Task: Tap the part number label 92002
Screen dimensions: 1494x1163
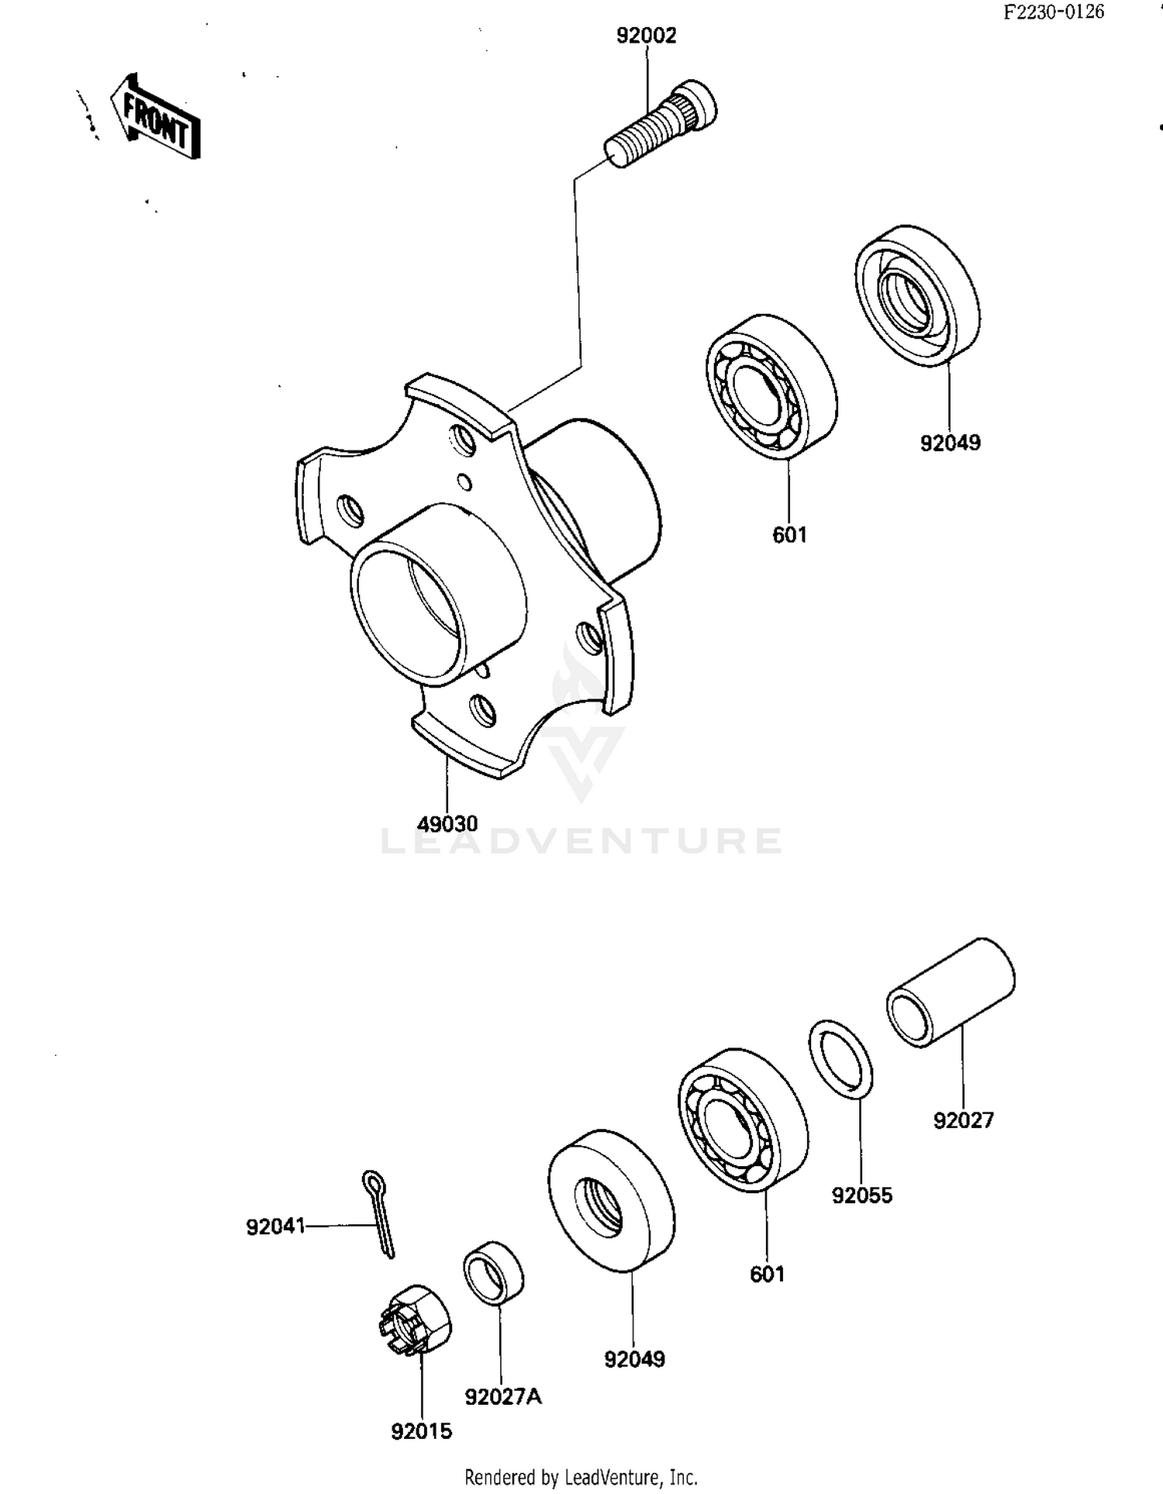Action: coord(646,36)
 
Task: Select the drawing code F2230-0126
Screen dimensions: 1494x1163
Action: coord(1053,12)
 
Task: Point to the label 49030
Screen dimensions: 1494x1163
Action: coord(447,823)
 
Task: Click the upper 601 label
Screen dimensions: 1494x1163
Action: coord(789,535)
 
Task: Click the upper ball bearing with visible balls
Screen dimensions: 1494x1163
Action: coord(771,387)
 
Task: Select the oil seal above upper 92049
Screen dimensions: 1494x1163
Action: coord(918,296)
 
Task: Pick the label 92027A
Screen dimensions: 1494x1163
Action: coord(503,1396)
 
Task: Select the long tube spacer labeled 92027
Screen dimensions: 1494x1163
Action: coord(951,993)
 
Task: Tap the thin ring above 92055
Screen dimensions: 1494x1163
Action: coord(841,1059)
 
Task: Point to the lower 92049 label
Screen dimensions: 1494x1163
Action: coord(634,1358)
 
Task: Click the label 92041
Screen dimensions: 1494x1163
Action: coord(275,1227)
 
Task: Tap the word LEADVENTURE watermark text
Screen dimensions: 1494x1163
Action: coord(581,841)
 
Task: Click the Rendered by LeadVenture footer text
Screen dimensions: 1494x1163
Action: coord(581,1477)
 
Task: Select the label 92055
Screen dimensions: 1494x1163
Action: coord(861,1195)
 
